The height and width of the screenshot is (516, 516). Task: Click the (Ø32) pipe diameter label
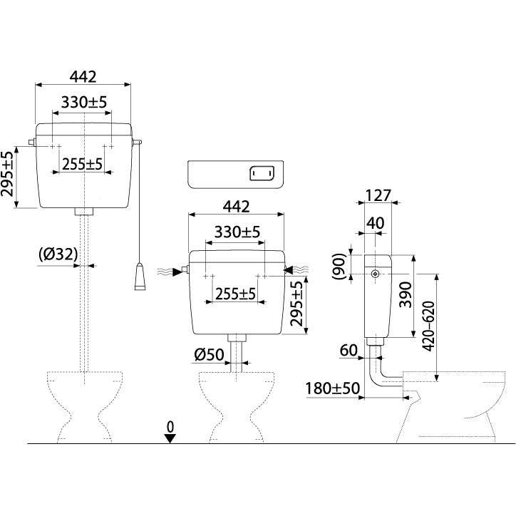coord(58,254)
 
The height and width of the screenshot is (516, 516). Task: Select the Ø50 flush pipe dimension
coord(209,354)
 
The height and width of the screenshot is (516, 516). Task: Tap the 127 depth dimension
coord(378,195)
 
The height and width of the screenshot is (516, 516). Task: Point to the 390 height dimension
coord(406,294)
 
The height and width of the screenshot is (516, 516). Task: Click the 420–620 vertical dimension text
coord(428,326)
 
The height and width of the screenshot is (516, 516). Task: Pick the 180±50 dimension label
coord(333,388)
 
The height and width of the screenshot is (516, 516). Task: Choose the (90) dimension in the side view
coord(339,267)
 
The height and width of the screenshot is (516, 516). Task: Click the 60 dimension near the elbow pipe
coord(349,350)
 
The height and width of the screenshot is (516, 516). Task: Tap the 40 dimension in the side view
coord(375,224)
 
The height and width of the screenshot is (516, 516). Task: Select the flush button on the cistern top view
coord(262,173)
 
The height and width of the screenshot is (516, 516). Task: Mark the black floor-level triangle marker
coord(170,438)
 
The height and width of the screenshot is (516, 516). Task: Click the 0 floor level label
coord(170,427)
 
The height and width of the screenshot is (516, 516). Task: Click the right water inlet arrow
coord(288,270)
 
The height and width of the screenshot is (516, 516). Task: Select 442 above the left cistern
coord(83,77)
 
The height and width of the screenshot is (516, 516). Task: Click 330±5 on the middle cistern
coord(237,232)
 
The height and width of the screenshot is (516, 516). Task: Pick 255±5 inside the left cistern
coord(82,164)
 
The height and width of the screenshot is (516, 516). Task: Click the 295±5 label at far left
coord(8,173)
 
